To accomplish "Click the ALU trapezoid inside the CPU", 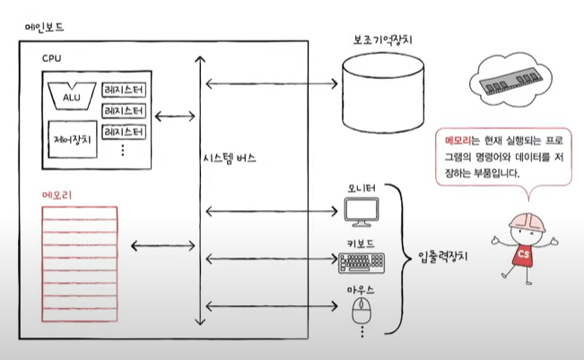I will pyautogui.click(x=72, y=92).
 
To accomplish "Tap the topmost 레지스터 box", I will pyautogui.click(x=124, y=91).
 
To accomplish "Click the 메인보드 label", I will pyautogui.click(x=46, y=28).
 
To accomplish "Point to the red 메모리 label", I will pyautogui.click(x=59, y=195).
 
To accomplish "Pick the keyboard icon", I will pyautogui.click(x=362, y=263).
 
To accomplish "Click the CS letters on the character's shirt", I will pyautogui.click(x=523, y=255).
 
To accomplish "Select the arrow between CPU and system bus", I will pyautogui.click(x=175, y=116).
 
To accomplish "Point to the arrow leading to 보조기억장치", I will pyautogui.click(x=268, y=83).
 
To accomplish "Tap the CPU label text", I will pyautogui.click(x=53, y=58).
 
